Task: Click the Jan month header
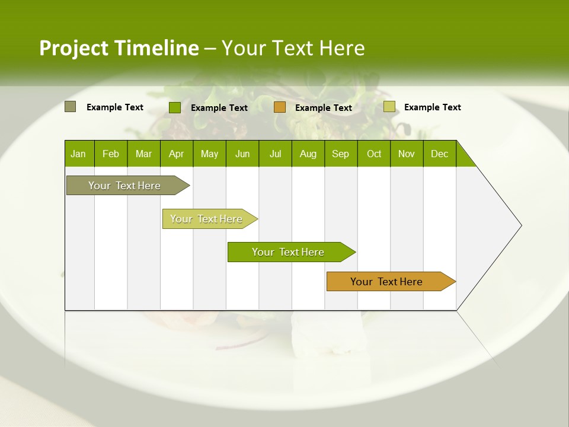(79, 154)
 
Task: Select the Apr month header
(177, 154)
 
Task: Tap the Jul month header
(276, 154)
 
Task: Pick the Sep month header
(341, 154)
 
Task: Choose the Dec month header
(439, 154)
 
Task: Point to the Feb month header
(111, 154)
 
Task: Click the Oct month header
(374, 154)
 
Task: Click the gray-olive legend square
(71, 107)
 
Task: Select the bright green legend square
(175, 107)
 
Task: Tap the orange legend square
(280, 107)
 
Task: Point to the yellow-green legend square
(389, 107)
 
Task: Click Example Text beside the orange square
(324, 108)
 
